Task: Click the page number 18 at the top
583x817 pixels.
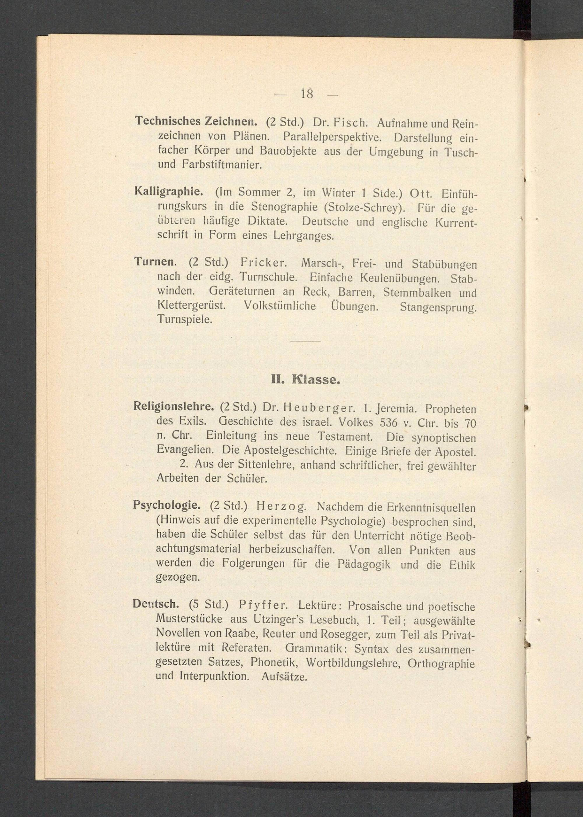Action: (307, 94)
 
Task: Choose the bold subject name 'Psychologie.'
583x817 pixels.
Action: (166, 505)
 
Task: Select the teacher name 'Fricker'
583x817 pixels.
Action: (263, 262)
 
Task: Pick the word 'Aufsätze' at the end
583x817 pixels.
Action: (284, 677)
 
